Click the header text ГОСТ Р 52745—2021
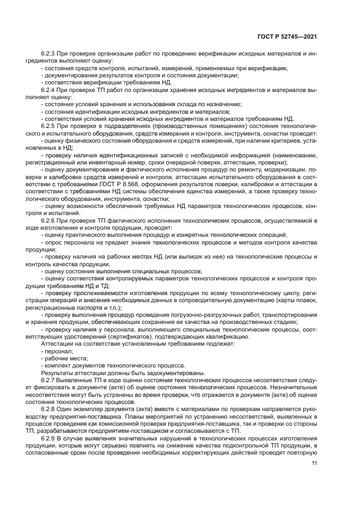point(287,36)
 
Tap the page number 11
point(314,463)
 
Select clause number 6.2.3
point(50,54)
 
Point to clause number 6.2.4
point(50,89)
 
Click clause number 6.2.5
point(50,125)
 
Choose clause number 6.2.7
point(50,380)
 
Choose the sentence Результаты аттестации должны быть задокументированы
point(123,373)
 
